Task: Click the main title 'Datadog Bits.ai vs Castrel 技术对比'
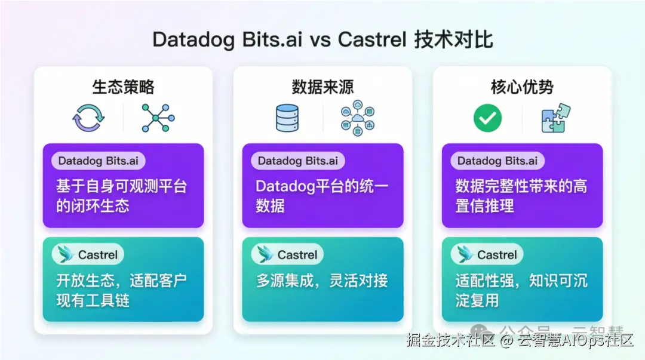322,40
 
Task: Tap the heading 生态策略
123,87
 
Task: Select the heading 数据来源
322,87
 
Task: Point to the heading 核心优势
522,87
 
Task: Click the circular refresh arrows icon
87,118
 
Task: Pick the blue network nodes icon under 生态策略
158,118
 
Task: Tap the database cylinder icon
287,118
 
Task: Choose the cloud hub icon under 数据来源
358,118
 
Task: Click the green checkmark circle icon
487,118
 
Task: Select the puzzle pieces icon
555,118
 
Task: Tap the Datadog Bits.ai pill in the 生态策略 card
99,161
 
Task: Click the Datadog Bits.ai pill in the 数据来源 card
297,161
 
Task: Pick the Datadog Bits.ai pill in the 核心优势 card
497,161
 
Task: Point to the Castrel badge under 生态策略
88,254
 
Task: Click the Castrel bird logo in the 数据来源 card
264,254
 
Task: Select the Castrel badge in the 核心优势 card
487,254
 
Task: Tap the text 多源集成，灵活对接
322,280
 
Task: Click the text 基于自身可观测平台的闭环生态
122,196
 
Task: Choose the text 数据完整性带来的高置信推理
521,196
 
